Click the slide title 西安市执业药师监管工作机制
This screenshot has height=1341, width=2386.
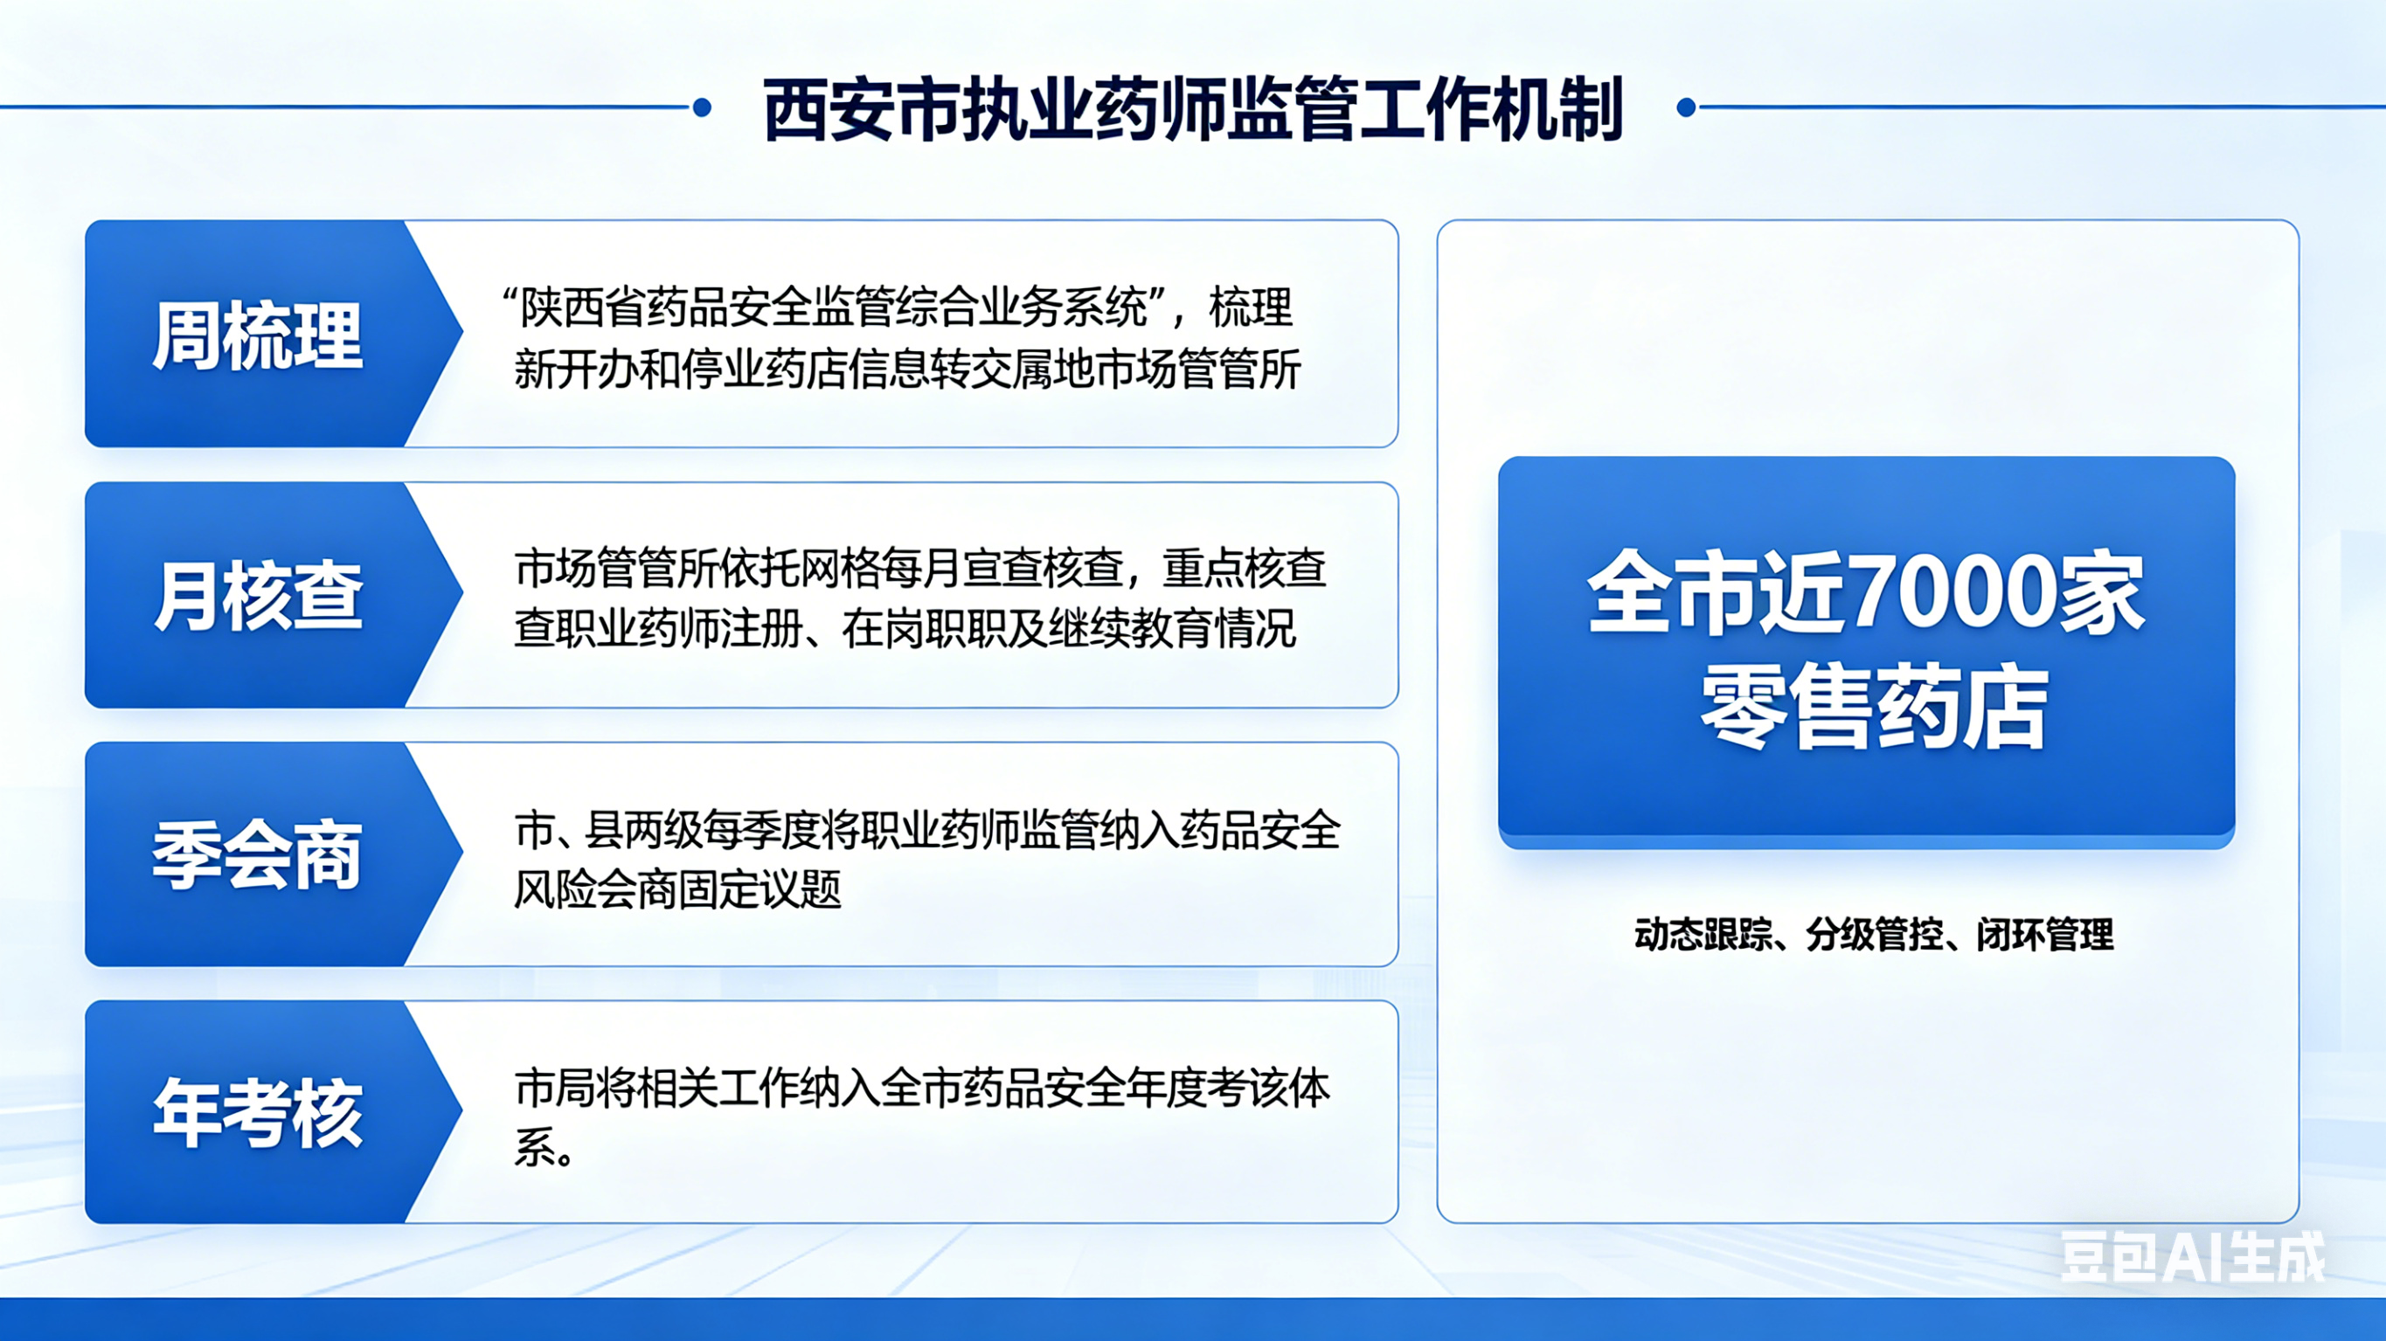[1193, 109]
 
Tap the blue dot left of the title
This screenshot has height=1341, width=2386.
[702, 108]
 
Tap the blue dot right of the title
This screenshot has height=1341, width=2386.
[1686, 108]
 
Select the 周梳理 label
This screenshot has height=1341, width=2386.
[257, 335]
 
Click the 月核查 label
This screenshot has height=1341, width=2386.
[257, 596]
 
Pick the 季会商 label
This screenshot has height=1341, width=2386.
[257, 854]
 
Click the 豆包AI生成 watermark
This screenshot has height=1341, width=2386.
[2191, 1257]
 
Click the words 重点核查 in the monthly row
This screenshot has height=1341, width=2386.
[1245, 568]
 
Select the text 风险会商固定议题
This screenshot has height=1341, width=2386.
[678, 890]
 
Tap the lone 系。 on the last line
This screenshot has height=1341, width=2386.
[544, 1150]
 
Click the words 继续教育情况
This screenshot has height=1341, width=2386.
[1192, 629]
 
